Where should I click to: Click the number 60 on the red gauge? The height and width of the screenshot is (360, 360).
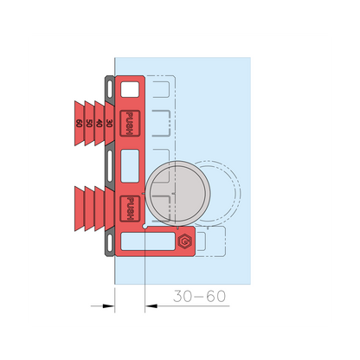click(79, 123)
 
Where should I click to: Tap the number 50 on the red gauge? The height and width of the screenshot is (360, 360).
click(89, 123)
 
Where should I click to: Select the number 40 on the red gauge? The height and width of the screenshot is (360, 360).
click(99, 123)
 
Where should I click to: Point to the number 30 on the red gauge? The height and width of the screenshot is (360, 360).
click(109, 123)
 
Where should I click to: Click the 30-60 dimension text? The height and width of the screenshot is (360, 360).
click(199, 296)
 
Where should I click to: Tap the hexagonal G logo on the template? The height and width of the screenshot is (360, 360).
click(185, 241)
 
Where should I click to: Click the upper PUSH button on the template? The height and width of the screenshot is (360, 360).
click(130, 123)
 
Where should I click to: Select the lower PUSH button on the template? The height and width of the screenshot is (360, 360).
click(130, 209)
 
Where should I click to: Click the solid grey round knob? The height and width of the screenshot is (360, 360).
click(177, 193)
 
